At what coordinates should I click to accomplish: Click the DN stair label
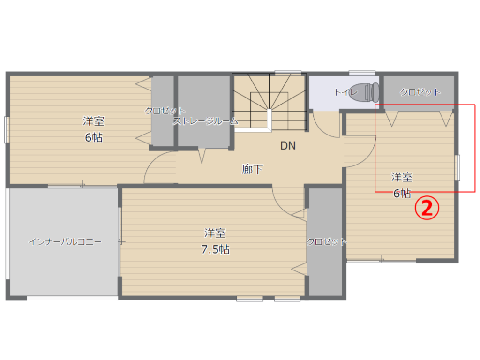(x=288, y=146)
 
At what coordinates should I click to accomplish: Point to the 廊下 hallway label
(x=253, y=169)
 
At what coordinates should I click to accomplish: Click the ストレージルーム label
(x=205, y=121)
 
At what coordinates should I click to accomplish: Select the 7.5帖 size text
(x=215, y=249)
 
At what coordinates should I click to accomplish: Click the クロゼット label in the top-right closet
(x=420, y=92)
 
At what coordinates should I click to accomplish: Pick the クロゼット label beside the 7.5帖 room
(x=327, y=242)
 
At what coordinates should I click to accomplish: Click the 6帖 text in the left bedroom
(x=94, y=138)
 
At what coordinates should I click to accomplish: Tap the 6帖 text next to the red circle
(x=402, y=193)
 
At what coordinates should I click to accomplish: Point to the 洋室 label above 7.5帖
(x=215, y=233)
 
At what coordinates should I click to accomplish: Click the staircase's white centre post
(x=270, y=120)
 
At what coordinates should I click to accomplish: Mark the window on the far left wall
(x=7, y=129)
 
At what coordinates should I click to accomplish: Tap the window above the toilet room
(x=362, y=73)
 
